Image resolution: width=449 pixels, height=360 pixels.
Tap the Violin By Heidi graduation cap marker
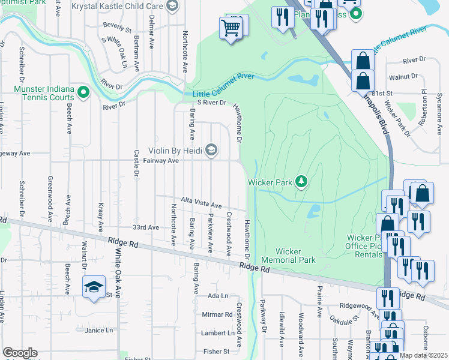[211, 149]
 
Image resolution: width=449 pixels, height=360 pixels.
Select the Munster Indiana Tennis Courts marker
[83, 93]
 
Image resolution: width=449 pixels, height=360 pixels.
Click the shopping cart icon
[231, 26]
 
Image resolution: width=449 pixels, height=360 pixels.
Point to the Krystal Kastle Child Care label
[117, 6]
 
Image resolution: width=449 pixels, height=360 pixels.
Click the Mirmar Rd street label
[217, 314]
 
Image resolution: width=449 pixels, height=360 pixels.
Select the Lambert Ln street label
[217, 333]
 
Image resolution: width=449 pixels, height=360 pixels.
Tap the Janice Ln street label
[98, 330]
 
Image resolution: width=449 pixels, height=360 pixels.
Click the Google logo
[20, 353]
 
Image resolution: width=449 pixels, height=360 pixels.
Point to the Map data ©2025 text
[424, 355]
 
